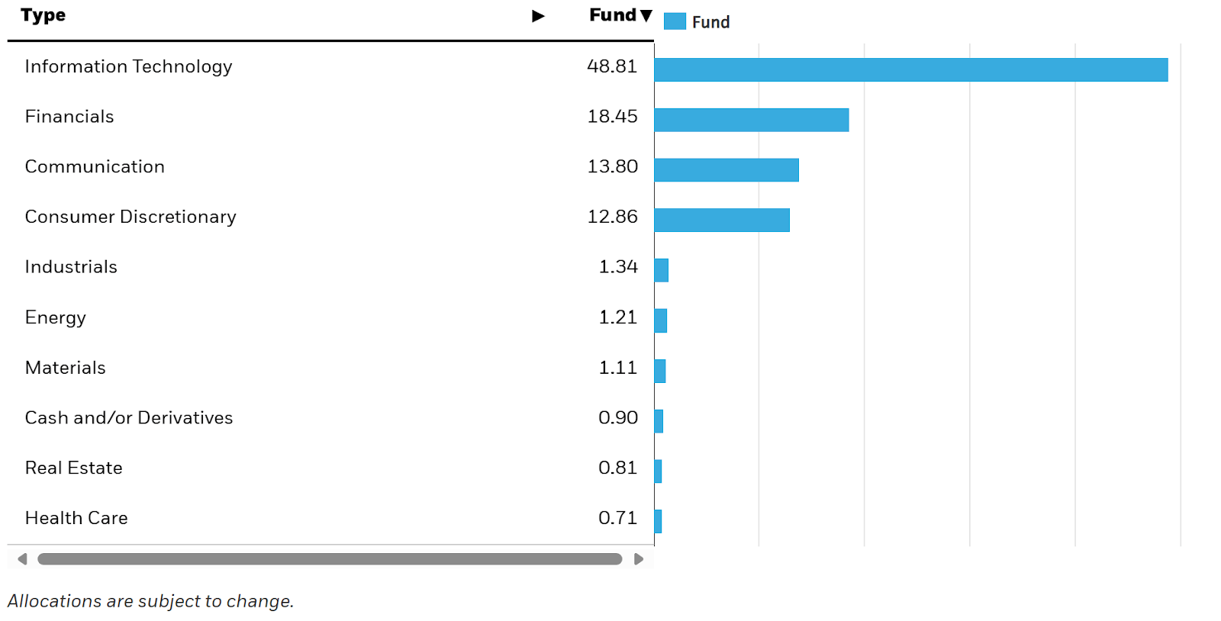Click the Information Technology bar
pyautogui.click(x=910, y=69)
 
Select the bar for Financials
pyautogui.click(x=751, y=120)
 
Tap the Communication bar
pyautogui.click(x=726, y=170)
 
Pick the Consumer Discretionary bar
pyautogui.click(x=721, y=220)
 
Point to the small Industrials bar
pyautogui.click(x=662, y=270)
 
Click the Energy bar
pyautogui.click(x=661, y=320)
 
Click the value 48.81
pyautogui.click(x=611, y=66)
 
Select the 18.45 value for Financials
pyautogui.click(x=611, y=117)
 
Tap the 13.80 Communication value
pyautogui.click(x=611, y=167)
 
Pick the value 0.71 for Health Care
pyautogui.click(x=617, y=518)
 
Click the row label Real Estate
pyautogui.click(x=73, y=468)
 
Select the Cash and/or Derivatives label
pyautogui.click(x=128, y=418)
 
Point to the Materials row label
pyautogui.click(x=65, y=368)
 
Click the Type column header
pyautogui.click(x=43, y=15)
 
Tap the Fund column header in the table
pyautogui.click(x=613, y=15)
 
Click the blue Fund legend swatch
pyautogui.click(x=675, y=21)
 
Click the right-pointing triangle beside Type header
pyautogui.click(x=538, y=16)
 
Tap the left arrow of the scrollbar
pyautogui.click(x=22, y=559)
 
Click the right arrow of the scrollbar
pyautogui.click(x=639, y=559)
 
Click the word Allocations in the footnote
pyautogui.click(x=54, y=601)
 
